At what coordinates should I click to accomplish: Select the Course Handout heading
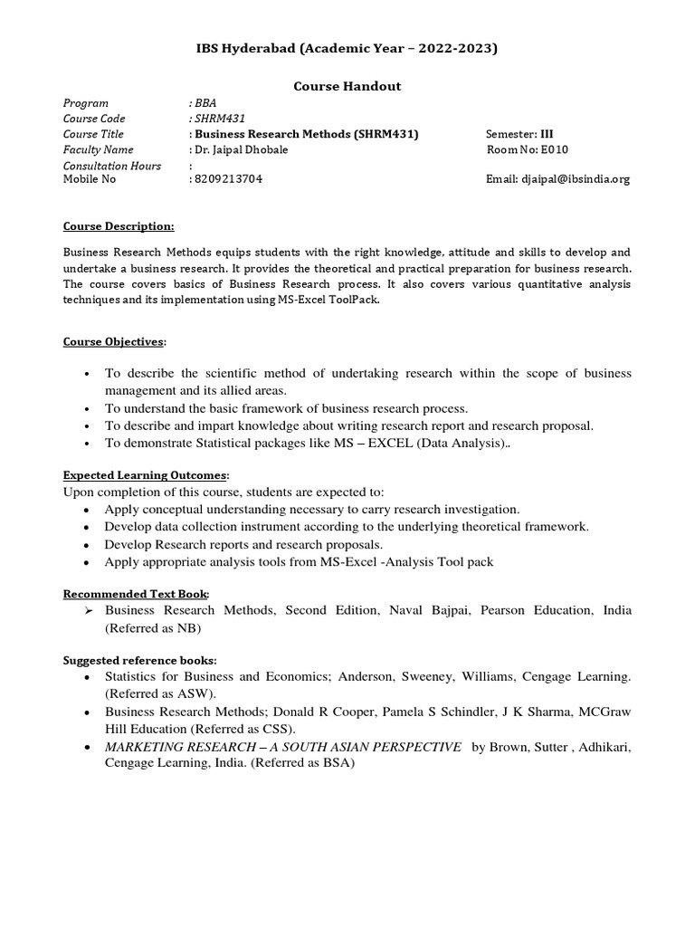pos(347,86)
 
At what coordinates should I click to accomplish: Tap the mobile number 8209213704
pos(229,179)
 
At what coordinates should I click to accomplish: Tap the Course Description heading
pos(118,225)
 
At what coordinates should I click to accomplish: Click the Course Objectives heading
pos(115,341)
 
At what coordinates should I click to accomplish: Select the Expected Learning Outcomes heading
pos(146,474)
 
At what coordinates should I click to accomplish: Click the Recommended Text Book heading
pos(136,593)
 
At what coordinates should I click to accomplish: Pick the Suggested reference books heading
pos(139,659)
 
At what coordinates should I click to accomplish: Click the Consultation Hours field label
pos(111,166)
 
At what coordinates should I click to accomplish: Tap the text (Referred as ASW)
pos(160,693)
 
